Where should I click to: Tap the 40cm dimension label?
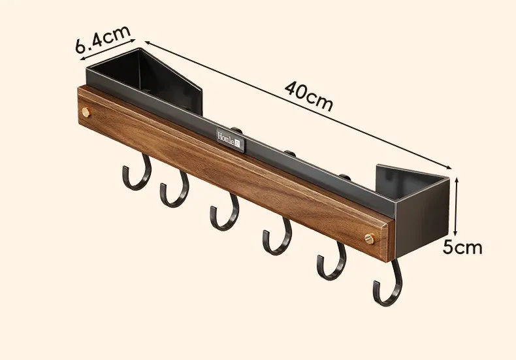tap(309, 96)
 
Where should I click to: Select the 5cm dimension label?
tap(462, 247)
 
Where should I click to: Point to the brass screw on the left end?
tap(87, 112)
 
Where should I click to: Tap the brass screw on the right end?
tap(370, 238)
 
